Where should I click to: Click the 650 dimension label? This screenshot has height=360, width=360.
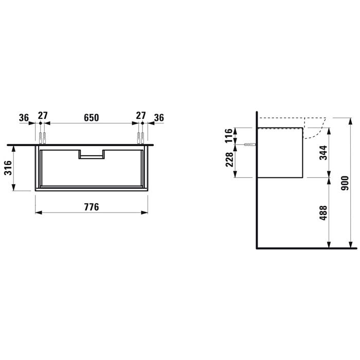point(92,118)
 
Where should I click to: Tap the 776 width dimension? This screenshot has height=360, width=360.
point(92,207)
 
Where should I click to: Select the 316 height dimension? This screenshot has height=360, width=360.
point(8,168)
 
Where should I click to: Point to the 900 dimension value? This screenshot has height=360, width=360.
point(345,183)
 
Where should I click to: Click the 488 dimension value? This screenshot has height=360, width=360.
point(323,213)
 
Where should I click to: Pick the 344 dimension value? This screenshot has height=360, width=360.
point(323,153)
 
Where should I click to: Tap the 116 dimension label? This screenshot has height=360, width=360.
point(229,136)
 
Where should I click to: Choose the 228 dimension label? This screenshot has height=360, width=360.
point(229,159)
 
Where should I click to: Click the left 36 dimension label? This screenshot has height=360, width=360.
point(24,118)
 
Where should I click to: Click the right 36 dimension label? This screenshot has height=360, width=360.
point(159,118)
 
